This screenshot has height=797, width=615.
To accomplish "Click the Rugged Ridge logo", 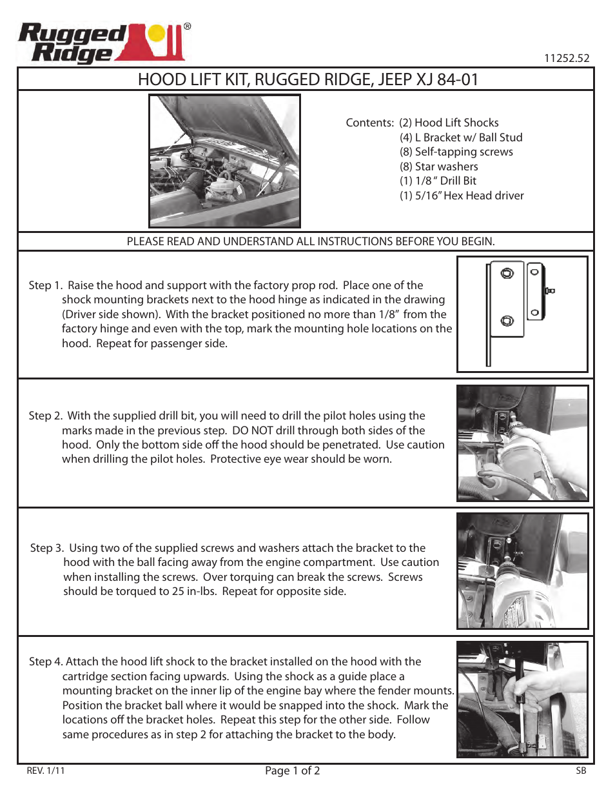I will tap(103, 43).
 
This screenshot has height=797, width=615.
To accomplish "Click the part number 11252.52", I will tap(566, 58).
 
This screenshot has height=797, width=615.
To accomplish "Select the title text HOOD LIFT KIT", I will tap(193, 79).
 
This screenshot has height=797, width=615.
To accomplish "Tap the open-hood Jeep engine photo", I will tap(224, 161).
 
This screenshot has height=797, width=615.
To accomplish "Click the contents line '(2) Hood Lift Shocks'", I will tap(449, 123).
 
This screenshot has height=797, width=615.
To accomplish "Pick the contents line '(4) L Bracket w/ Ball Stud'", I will tap(460, 137).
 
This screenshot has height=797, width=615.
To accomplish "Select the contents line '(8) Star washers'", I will tap(438, 166).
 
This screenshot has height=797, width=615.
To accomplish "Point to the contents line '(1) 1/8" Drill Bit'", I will tap(438, 181).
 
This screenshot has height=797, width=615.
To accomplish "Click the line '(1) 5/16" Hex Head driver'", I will tap(461, 196).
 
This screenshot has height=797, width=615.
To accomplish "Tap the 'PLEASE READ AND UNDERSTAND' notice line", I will tap(310, 241).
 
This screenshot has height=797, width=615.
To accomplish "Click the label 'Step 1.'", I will tap(45, 285).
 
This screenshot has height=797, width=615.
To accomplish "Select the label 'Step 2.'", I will tap(45, 416).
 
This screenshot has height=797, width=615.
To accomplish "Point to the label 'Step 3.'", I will tap(46, 548).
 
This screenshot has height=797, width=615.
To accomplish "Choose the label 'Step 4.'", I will tap(46, 661).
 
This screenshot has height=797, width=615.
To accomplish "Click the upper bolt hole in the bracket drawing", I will tap(507, 273).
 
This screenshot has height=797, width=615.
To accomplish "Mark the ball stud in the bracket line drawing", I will tap(550, 291).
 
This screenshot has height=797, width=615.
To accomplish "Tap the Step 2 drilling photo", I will tap(522, 443).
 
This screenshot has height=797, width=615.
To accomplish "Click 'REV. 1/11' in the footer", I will tap(46, 771).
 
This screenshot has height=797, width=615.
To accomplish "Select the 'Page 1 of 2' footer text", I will tap(292, 771).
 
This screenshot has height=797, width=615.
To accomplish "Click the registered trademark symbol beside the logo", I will tap(187, 26).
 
